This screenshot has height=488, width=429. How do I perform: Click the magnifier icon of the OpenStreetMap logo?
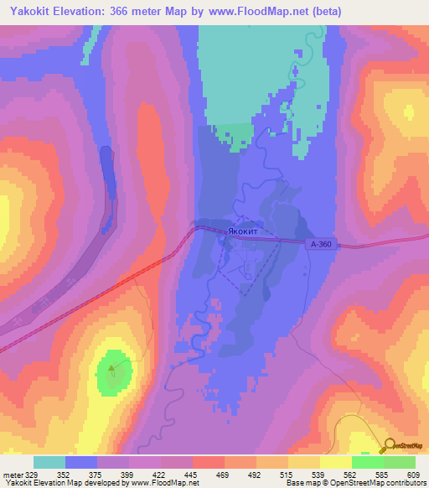tap(390, 446)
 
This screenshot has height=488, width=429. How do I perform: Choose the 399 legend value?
tap(128, 475)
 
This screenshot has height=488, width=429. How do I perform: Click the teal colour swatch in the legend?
tap(49, 462)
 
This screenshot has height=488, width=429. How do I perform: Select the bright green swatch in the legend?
tap(368, 462)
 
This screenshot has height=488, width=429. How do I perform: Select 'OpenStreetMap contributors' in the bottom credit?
tap(377, 483)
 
